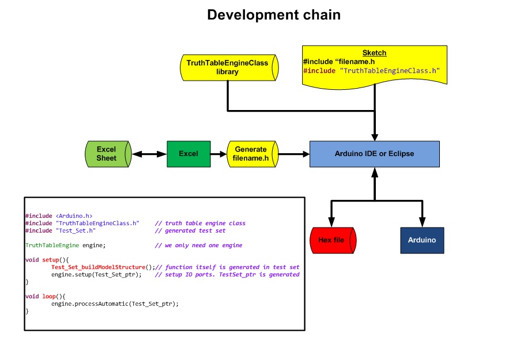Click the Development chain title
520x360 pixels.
(x=274, y=15)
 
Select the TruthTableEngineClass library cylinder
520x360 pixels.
(x=229, y=67)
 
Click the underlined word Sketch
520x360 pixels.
(x=374, y=53)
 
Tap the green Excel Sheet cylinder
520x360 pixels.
(x=108, y=154)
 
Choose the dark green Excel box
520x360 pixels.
(x=189, y=154)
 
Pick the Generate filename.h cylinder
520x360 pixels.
(x=253, y=154)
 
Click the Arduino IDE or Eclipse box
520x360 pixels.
(x=374, y=154)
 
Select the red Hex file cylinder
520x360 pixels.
(x=333, y=240)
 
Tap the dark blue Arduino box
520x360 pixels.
(x=422, y=240)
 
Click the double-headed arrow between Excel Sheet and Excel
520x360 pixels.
(x=149, y=154)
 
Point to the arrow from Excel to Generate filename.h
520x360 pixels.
(x=218, y=154)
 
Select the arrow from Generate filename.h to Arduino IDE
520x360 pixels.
(x=294, y=154)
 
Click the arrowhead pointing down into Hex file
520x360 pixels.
(x=331, y=222)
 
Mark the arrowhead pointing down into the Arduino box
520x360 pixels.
(x=422, y=222)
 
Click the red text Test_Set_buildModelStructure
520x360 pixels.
(x=98, y=267)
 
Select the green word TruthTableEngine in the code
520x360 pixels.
(x=52, y=245)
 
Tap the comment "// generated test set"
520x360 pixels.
(x=190, y=231)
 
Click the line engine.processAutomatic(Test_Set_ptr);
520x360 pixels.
(x=115, y=304)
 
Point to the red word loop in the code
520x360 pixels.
(x=49, y=297)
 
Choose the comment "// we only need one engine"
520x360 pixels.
(x=198, y=245)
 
